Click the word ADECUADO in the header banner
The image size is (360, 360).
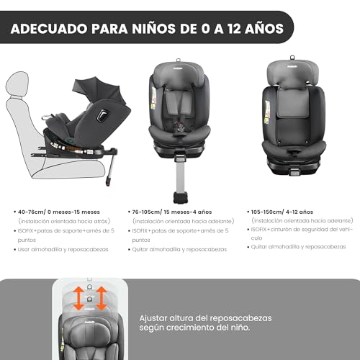49,29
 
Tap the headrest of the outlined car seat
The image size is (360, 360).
17,84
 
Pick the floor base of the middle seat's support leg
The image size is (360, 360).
180,197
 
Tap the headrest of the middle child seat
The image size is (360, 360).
179,75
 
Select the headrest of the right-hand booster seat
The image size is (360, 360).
292,74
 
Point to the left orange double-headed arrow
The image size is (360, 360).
78,298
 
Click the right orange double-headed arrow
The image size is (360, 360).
102,298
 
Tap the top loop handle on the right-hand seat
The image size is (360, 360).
292,58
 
